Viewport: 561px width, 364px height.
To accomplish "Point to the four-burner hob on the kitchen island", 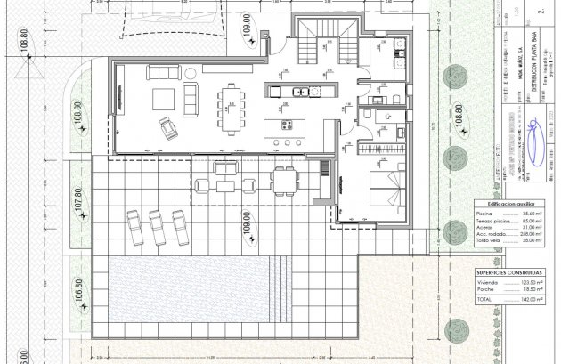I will tap(289, 125).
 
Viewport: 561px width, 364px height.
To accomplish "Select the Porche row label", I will tap(486, 290).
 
